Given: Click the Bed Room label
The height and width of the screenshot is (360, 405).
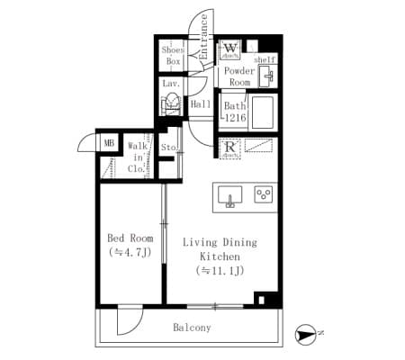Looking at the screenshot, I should [130, 245].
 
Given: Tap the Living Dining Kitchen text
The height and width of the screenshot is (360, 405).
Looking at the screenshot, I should [220, 256].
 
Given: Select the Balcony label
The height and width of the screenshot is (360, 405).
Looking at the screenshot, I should [192, 328].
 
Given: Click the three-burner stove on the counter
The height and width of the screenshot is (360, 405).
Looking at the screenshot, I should [264, 194].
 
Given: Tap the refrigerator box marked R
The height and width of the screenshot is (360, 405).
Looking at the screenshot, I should [230, 149].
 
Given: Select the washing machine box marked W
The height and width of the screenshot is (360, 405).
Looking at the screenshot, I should [230, 49].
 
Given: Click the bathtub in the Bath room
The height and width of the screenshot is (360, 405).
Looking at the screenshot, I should [264, 112].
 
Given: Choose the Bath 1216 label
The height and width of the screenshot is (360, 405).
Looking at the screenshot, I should [234, 112].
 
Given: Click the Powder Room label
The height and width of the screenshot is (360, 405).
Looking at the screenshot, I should [240, 76].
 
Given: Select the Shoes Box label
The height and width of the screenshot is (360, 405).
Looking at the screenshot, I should [172, 56].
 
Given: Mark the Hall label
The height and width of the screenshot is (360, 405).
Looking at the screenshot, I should [200, 103].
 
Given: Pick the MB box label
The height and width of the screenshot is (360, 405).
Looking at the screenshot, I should [109, 142].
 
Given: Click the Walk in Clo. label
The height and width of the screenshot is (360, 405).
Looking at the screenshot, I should [137, 156].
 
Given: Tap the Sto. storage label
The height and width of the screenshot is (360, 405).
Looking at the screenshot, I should [168, 147].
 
